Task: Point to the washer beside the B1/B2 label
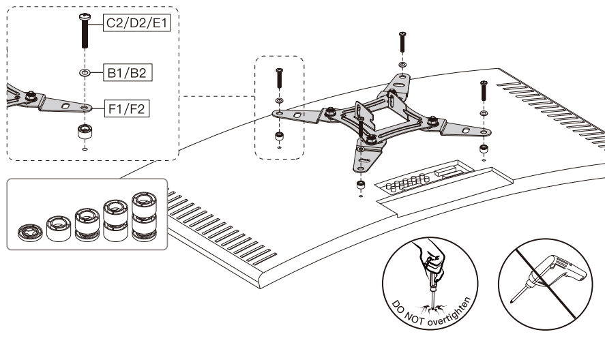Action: coord(84,72)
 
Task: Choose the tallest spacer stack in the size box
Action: coord(143,217)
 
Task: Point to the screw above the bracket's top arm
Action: coord(402,44)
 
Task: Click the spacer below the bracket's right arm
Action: coord(483,149)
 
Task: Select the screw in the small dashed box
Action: coord(279,80)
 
